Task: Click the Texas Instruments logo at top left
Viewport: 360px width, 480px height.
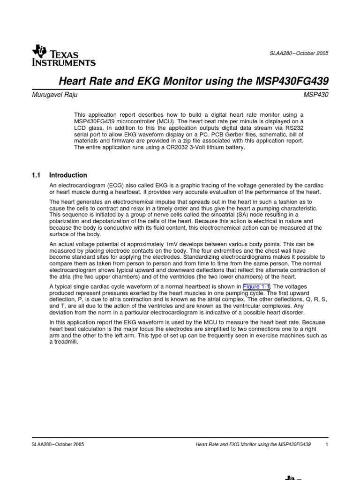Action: pos(63,56)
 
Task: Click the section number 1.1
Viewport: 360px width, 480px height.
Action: pos(36,175)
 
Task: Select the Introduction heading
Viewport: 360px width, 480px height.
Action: pos(68,175)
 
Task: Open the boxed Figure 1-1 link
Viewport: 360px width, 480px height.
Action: pos(256,286)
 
